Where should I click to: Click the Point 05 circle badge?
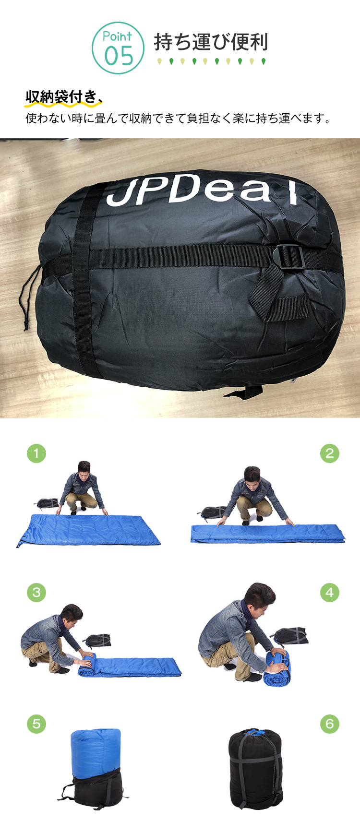point(118,48)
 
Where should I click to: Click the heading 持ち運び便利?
point(211,42)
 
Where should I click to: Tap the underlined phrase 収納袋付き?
point(61,97)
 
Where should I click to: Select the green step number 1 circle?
point(36,453)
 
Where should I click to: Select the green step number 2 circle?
point(330,453)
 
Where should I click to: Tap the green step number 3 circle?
point(36,592)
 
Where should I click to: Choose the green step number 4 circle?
point(330,592)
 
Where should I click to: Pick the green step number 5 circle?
point(36,724)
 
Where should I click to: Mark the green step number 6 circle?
point(330,724)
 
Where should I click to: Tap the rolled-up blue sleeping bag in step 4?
point(277,667)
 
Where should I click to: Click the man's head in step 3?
point(72,615)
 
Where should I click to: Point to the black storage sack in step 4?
point(291,636)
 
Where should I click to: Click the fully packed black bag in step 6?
point(255,770)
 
